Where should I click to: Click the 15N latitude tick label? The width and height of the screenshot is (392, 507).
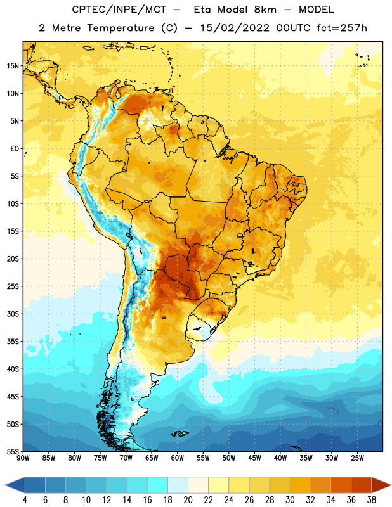[13, 66]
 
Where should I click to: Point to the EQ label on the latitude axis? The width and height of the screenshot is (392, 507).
[15, 149]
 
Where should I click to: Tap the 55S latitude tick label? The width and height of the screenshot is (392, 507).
[13, 451]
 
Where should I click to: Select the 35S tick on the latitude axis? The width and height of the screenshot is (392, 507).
[13, 342]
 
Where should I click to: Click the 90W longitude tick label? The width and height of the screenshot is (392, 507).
[23, 458]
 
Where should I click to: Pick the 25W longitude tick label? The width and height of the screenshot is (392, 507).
[357, 458]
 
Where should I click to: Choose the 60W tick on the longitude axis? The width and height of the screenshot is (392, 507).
[178, 458]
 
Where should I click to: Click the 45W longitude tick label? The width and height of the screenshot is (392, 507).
[254, 458]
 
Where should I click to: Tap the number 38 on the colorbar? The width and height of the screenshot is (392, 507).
[371, 500]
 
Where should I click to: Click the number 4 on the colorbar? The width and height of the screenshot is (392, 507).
[25, 500]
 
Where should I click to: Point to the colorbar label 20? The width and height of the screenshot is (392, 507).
[188, 500]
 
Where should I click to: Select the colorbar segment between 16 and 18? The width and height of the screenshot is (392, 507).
[158, 485]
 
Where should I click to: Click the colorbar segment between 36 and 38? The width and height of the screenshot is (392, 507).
[362, 485]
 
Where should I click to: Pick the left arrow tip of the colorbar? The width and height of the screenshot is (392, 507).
[5, 485]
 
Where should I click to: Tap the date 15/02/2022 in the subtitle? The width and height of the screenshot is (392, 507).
[234, 28]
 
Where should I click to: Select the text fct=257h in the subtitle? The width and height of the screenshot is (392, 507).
[342, 28]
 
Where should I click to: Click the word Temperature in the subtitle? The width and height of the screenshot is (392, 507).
[121, 29]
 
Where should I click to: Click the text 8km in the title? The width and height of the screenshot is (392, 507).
[265, 10]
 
